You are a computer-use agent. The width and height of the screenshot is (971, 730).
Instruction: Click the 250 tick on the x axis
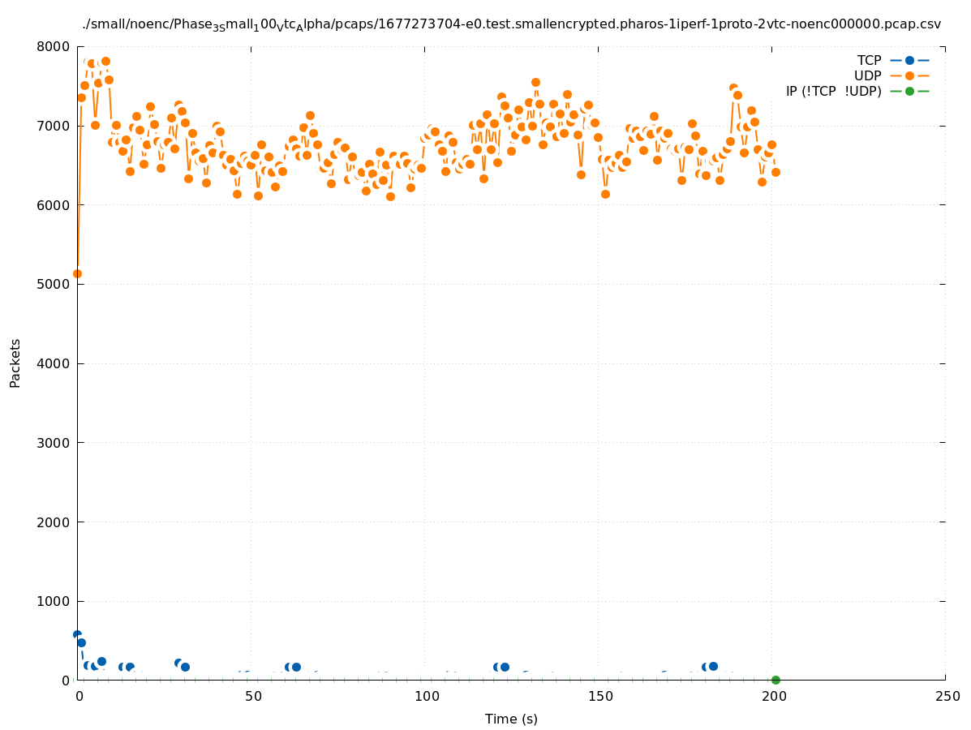(946, 697)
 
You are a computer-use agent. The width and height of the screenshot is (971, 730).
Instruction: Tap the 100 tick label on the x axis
(425, 697)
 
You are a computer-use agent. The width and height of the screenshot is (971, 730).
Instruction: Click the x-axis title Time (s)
(511, 719)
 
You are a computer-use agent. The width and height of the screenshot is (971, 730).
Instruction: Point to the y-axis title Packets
(15, 363)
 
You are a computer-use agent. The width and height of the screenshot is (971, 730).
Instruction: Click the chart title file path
(511, 24)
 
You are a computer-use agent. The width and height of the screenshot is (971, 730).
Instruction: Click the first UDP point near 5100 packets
(77, 273)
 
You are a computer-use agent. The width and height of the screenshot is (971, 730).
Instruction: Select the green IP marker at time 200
(776, 680)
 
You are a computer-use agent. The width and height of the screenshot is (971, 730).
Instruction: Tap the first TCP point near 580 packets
(77, 634)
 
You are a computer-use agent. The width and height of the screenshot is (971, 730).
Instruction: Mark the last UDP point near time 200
(776, 172)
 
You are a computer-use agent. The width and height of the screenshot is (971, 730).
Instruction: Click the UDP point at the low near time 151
(605, 194)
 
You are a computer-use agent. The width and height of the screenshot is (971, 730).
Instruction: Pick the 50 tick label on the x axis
(253, 697)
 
